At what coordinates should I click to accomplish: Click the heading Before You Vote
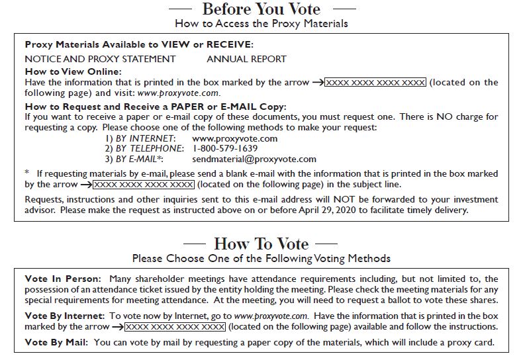click(261, 9)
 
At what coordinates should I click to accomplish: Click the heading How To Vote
click(261, 244)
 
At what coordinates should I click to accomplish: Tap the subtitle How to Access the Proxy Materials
click(261, 23)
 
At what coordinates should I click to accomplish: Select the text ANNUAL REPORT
click(246, 59)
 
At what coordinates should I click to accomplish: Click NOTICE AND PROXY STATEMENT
click(100, 59)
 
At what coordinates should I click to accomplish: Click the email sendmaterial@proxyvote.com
click(254, 159)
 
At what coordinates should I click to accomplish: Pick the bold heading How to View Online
click(73, 71)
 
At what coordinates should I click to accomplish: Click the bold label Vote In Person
click(63, 279)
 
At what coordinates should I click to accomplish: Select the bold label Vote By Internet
click(64, 317)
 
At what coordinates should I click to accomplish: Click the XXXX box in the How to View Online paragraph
click(375, 83)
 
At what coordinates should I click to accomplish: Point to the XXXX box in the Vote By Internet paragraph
click(175, 327)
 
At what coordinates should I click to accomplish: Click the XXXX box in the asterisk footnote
click(144, 184)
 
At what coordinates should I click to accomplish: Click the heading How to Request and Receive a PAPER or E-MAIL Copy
click(155, 107)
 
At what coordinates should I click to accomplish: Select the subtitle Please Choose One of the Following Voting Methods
click(261, 258)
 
